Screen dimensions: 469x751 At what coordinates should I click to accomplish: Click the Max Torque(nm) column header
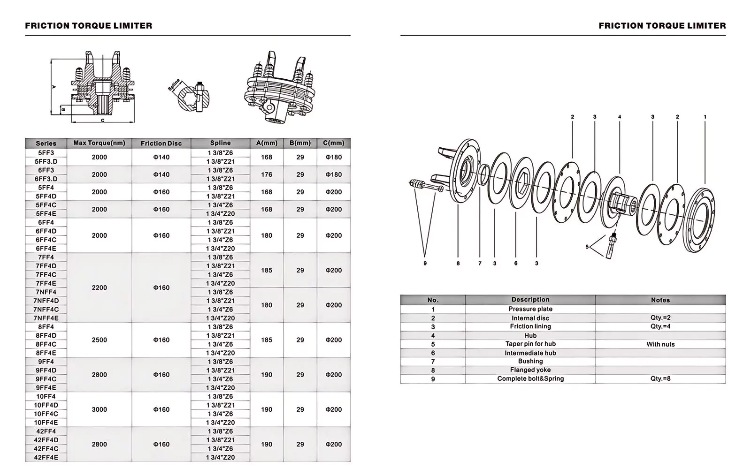[99, 143]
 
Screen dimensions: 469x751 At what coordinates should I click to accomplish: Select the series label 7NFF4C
[46, 310]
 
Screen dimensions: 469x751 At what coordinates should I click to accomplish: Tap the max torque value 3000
[99, 409]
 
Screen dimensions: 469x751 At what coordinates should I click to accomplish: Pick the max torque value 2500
[99, 340]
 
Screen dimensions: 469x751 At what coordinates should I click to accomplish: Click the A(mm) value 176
[267, 174]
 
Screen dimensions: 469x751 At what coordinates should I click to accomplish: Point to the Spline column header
[220, 143]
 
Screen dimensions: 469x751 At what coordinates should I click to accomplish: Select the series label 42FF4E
[46, 457]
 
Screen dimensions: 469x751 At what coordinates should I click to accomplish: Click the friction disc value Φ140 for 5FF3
[161, 157]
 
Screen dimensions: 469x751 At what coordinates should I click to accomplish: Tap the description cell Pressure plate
[530, 309]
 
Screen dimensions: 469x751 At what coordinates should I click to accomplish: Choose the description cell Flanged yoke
[530, 370]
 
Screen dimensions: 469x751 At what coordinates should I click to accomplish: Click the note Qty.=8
[660, 378]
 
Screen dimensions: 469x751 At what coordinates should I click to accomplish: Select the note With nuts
[660, 344]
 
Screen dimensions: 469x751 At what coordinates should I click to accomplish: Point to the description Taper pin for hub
[530, 344]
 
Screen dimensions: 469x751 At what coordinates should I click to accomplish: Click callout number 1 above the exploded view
[705, 117]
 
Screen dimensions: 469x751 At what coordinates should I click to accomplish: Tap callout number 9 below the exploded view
[425, 264]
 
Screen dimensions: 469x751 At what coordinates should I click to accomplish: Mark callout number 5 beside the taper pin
[587, 247]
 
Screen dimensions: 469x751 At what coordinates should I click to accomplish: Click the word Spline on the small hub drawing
[175, 85]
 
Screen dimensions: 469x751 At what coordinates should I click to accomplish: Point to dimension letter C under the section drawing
[103, 121]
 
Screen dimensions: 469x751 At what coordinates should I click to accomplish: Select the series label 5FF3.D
[46, 161]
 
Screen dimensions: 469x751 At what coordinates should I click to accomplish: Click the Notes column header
[660, 300]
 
